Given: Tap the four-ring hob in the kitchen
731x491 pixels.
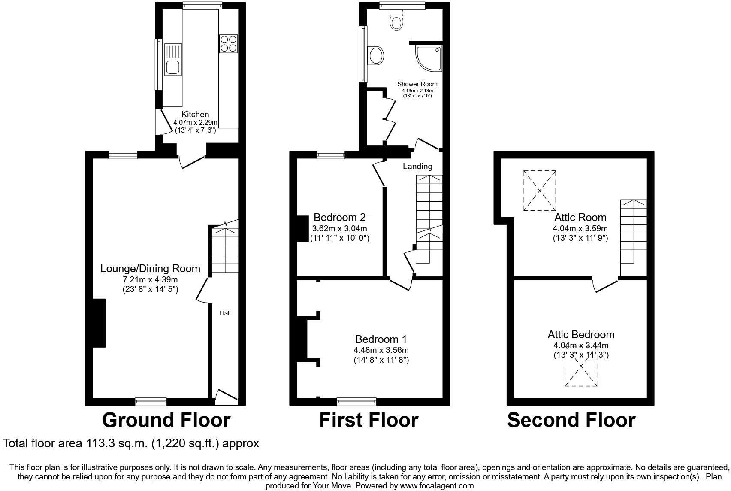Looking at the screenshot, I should [x=228, y=44].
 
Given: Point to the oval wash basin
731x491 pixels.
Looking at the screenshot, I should [x=376, y=55].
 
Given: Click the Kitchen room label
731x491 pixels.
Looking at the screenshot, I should [x=195, y=114].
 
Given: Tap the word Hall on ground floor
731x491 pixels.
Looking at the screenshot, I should [x=225, y=313].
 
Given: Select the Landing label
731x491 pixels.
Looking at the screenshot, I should [x=417, y=166].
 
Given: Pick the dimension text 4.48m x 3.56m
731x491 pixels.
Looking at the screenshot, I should [x=381, y=350].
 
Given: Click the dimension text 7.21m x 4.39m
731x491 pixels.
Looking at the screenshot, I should [x=150, y=279].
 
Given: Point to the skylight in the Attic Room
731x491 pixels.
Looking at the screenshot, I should [x=539, y=191].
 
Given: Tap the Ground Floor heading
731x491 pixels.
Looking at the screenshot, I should [x=166, y=420].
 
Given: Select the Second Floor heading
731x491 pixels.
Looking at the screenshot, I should [x=571, y=420].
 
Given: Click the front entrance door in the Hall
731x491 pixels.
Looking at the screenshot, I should [x=226, y=397].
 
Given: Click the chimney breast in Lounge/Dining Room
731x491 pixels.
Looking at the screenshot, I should [x=99, y=323].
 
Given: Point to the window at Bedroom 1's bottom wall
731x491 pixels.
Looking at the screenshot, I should [x=356, y=402].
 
